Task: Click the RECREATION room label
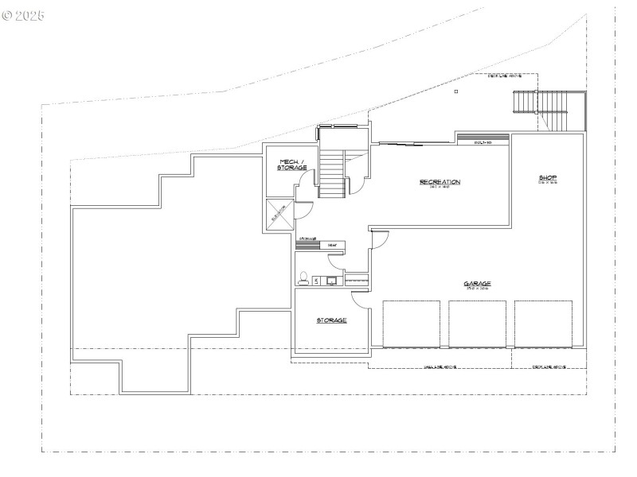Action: tap(440, 182)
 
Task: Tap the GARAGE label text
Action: tap(478, 283)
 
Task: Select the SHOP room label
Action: tap(547, 178)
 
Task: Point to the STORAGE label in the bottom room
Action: tap(331, 320)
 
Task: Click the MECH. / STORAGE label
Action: tap(291, 165)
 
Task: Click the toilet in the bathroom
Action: tap(303, 278)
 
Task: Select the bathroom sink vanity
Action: tap(330, 280)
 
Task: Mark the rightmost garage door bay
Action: tap(544, 324)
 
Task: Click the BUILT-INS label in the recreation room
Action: tap(481, 143)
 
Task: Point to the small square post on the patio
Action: tap(456, 92)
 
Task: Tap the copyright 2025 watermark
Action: tap(24, 15)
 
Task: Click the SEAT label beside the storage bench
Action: tap(332, 245)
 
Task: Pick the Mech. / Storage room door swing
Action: tap(303, 191)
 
